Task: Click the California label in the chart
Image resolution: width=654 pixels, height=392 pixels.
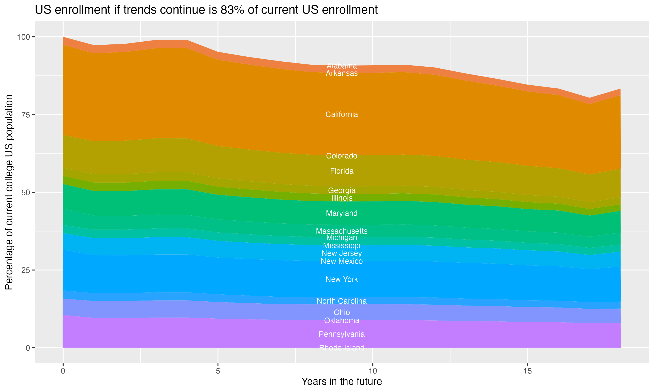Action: coord(342,114)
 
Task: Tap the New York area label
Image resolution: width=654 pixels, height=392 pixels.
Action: coord(342,279)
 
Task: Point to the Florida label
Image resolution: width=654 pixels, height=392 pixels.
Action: coord(342,171)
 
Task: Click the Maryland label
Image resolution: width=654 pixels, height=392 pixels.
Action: coord(342,213)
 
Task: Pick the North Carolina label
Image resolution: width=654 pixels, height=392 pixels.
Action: coord(342,301)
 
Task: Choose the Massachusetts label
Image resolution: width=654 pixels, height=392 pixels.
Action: coord(342,231)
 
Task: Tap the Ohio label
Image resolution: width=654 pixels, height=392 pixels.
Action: coord(342,312)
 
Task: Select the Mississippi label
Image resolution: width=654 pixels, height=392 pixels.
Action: coord(342,245)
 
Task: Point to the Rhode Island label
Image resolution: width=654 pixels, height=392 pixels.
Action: coord(342,348)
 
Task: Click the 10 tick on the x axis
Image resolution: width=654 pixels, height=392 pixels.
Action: coord(373,371)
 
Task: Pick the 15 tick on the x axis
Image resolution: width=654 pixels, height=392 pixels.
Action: coord(527,371)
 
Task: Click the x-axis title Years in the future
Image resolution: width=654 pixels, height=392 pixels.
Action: coord(342,381)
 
